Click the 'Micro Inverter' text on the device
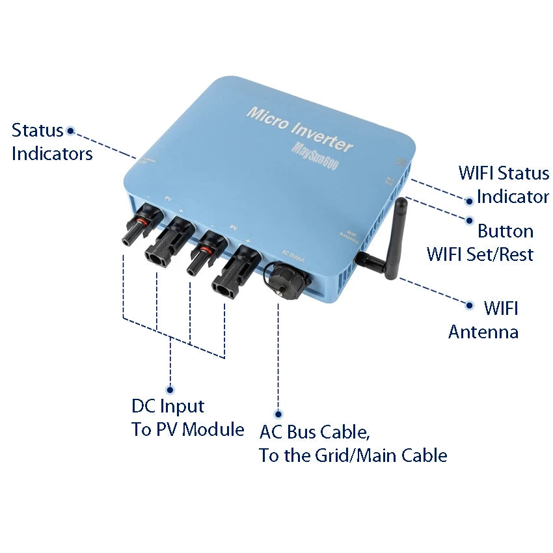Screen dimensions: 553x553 tap(299, 129)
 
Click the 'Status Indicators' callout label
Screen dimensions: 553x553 tap(51, 142)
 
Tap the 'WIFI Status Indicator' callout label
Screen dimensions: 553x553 tap(504, 185)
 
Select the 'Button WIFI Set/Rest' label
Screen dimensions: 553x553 tap(480, 243)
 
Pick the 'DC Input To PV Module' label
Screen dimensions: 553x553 tap(187, 418)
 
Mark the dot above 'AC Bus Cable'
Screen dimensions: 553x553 tap(278, 414)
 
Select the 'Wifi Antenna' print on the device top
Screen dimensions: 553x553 tap(351, 236)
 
